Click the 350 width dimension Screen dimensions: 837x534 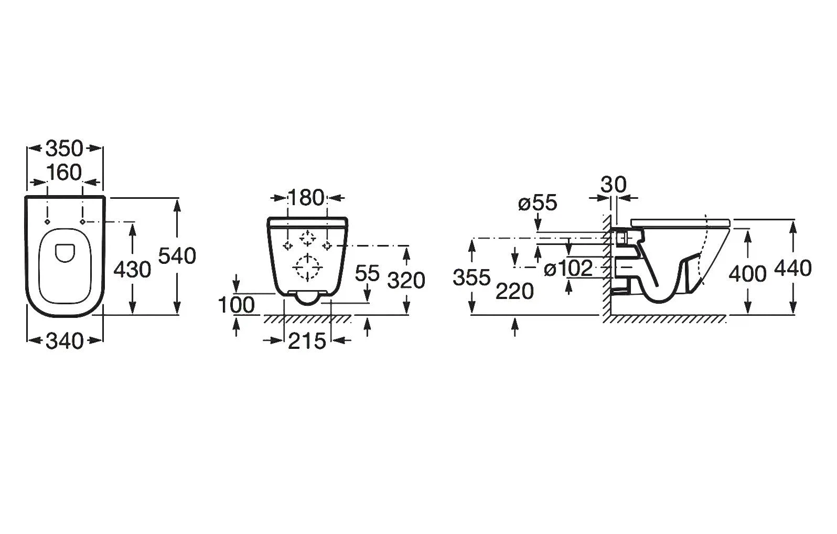[x=65, y=149]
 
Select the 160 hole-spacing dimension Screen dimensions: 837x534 [x=65, y=172]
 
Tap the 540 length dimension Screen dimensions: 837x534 [x=177, y=257]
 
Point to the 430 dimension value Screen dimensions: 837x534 [x=132, y=270]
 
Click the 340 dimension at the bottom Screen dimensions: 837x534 [x=65, y=341]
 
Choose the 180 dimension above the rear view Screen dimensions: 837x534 [x=306, y=198]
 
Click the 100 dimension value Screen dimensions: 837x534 [x=237, y=305]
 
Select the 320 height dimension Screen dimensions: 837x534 [x=406, y=281]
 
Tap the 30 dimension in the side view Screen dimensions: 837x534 [x=614, y=185]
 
